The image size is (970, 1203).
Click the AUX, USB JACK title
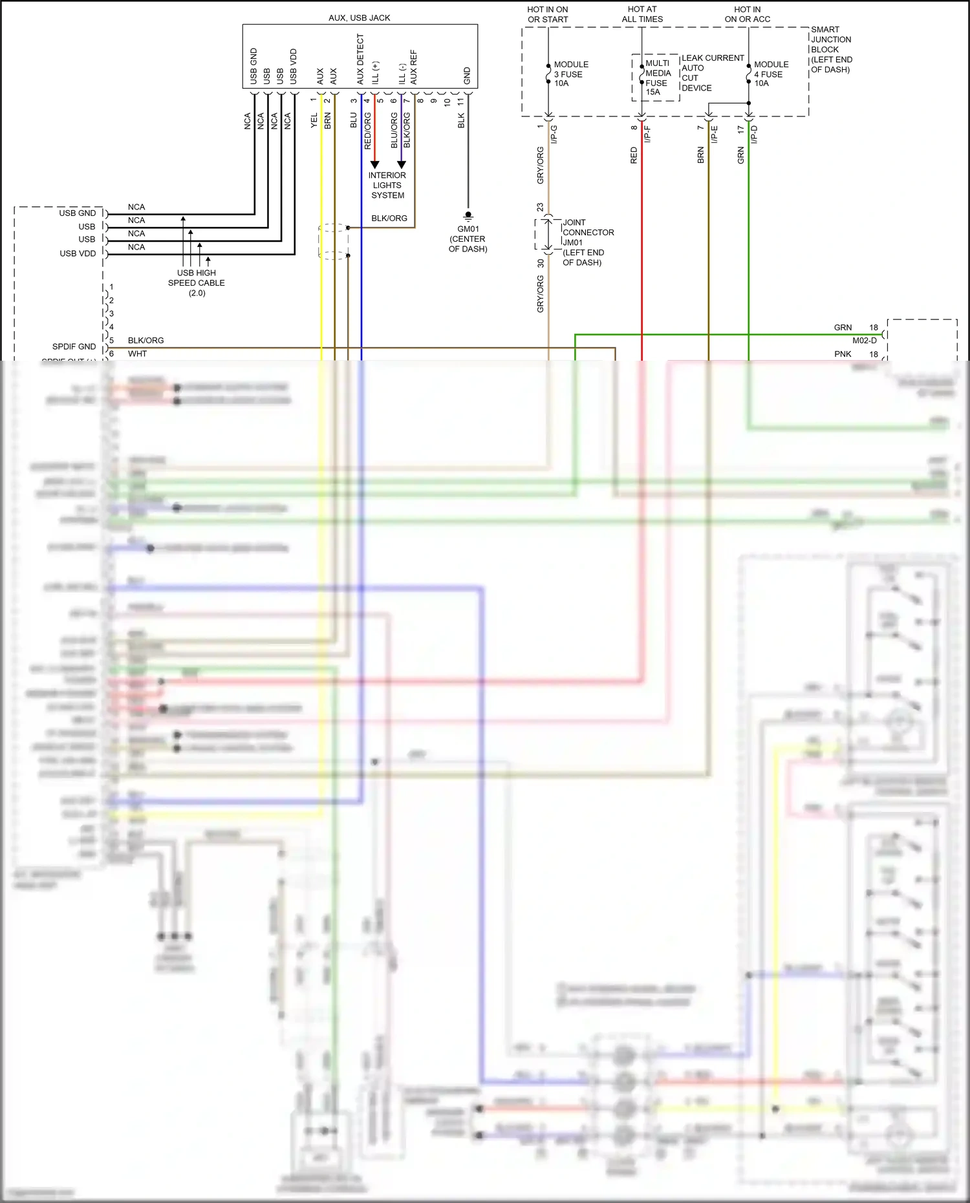(x=359, y=17)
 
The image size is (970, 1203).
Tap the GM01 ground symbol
(x=468, y=216)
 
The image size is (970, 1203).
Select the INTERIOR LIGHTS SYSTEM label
(x=387, y=186)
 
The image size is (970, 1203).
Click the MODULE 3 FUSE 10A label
(x=570, y=74)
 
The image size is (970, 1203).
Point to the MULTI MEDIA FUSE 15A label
(x=658, y=78)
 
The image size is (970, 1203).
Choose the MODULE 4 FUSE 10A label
(x=771, y=74)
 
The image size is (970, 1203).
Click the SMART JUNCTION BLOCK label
(x=831, y=49)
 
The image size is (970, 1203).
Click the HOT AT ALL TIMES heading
(x=642, y=14)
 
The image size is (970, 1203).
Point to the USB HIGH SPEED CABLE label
(x=197, y=282)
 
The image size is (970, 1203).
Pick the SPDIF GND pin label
(x=74, y=346)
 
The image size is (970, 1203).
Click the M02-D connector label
(x=864, y=341)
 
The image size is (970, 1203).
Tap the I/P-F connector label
(x=647, y=134)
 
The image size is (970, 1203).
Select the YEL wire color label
(x=314, y=120)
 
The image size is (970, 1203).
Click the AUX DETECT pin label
(x=360, y=59)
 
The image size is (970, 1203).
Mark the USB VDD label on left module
(x=78, y=253)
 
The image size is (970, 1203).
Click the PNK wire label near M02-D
(x=843, y=354)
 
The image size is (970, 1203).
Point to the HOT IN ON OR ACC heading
(x=747, y=14)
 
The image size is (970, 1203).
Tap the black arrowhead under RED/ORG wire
(x=374, y=165)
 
